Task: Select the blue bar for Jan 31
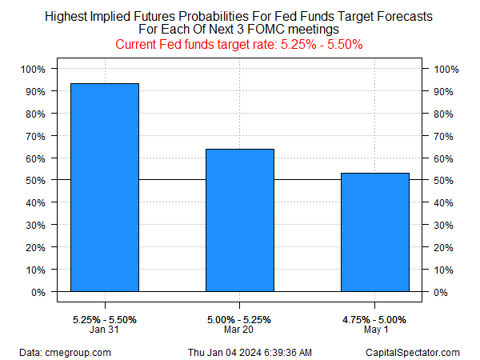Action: tap(105, 187)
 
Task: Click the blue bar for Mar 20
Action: tap(240, 220)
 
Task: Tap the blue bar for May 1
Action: tap(375, 232)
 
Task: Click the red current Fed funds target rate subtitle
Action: tap(240, 44)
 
